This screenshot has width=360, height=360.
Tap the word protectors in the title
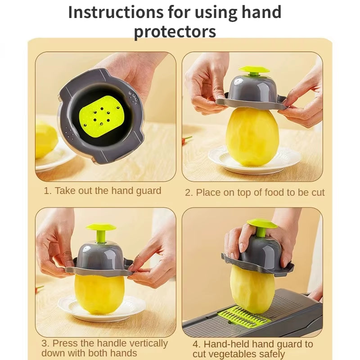pos(175,31)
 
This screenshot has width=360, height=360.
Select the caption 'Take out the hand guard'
pos(108,191)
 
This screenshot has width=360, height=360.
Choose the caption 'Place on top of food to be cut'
pos(260,193)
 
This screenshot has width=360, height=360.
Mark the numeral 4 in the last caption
pos(196,344)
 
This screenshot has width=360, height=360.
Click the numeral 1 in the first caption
pos(46,191)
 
